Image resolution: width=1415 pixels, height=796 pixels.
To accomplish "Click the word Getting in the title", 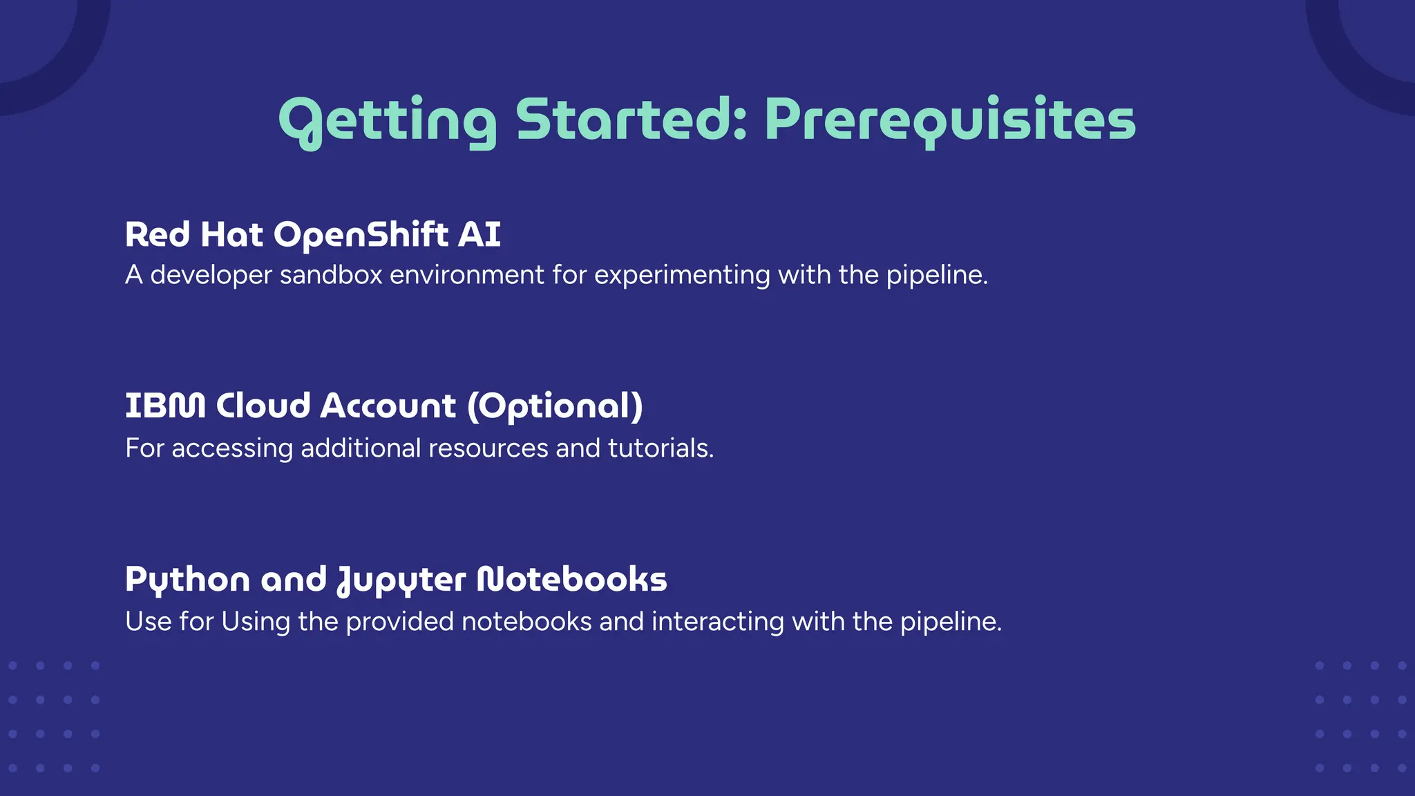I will click(388, 120).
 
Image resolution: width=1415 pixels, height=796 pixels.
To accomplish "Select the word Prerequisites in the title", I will click(950, 120).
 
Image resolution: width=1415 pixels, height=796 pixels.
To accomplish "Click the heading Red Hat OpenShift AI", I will click(312, 235).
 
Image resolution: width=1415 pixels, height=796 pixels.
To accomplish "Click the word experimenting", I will click(682, 276).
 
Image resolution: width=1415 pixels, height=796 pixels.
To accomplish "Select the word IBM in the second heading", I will click(165, 406).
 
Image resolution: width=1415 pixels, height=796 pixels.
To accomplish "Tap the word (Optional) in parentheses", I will click(555, 406).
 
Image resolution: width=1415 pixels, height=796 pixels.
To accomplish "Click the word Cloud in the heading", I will click(263, 406).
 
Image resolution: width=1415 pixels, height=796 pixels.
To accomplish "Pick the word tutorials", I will click(661, 448).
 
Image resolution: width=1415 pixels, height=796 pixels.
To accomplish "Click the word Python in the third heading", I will click(187, 580).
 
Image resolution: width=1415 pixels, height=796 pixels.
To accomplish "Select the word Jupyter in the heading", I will click(401, 580).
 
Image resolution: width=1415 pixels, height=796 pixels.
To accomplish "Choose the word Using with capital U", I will click(256, 622).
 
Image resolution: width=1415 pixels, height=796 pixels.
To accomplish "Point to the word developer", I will click(211, 276).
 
